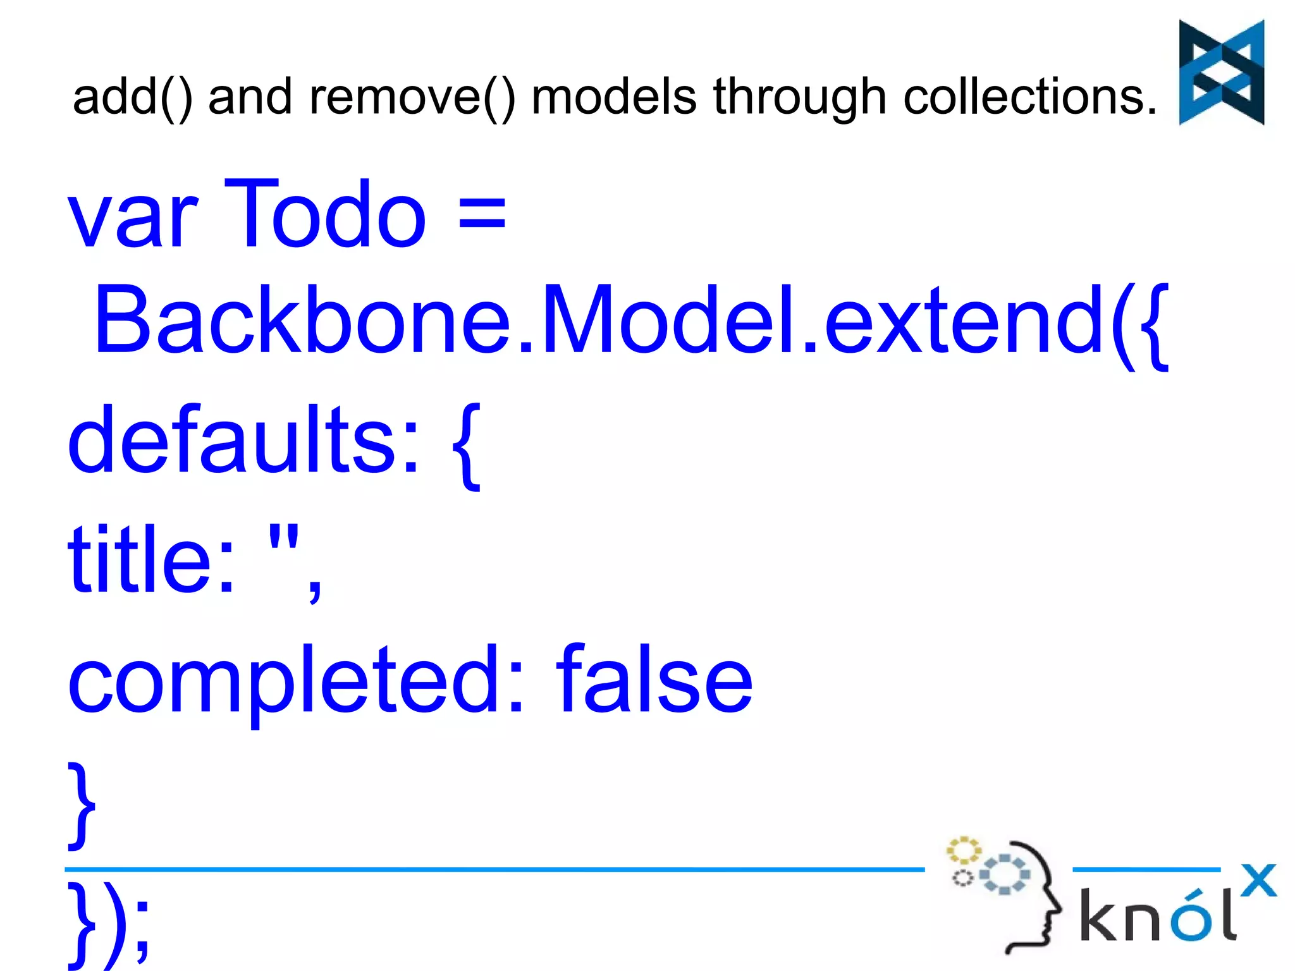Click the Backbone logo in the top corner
tap(1221, 72)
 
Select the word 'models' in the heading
tap(614, 97)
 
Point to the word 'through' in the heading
tap(800, 99)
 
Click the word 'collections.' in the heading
tap(1030, 97)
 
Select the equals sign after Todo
tap(482, 214)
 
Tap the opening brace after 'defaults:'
tap(467, 446)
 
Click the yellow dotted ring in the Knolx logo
tap(963, 850)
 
